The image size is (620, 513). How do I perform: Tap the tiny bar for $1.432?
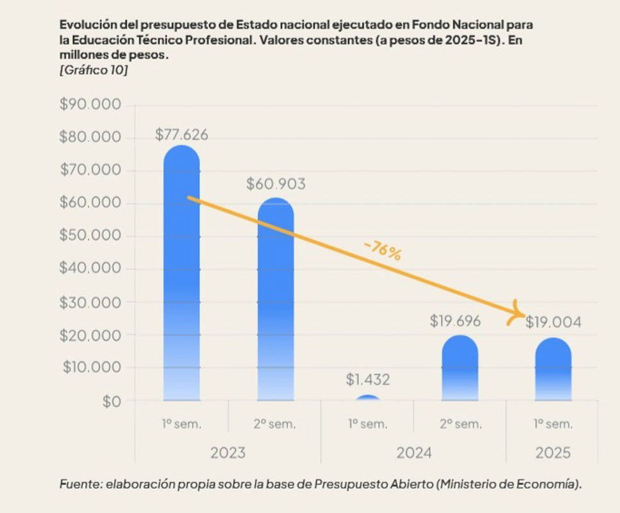[x=367, y=398]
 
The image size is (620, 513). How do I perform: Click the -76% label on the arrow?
[x=381, y=251]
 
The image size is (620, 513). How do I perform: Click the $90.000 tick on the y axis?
[x=90, y=105]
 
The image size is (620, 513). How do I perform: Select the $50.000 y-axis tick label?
[x=90, y=235]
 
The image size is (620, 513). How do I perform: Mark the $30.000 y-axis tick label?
[x=90, y=301]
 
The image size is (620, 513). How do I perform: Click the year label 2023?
[x=228, y=453]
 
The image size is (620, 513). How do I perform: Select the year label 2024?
[x=414, y=453]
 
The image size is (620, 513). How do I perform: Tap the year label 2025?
[x=553, y=453]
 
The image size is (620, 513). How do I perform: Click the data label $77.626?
[x=181, y=135]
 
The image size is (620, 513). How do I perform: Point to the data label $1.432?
[x=367, y=380]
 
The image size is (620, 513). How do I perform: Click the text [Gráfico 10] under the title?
[x=93, y=70]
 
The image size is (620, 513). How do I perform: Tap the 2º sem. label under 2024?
[x=460, y=424]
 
